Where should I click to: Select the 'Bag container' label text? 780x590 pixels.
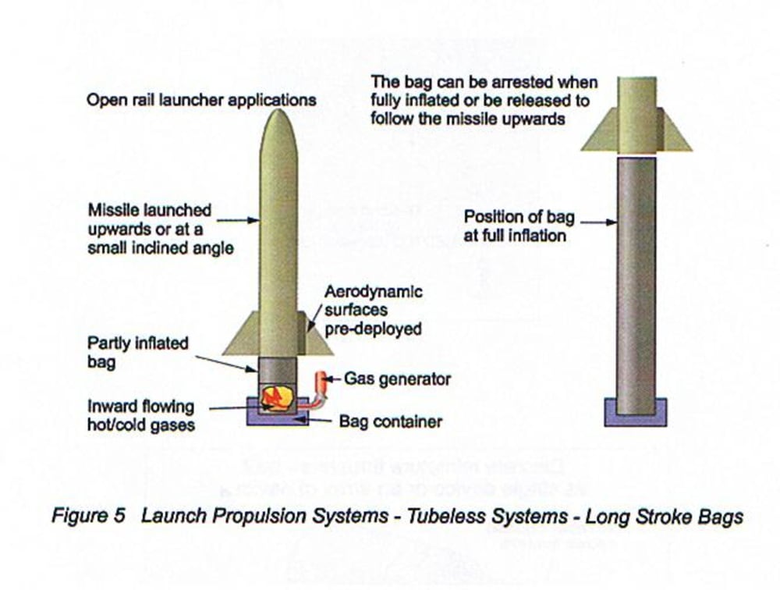click(x=390, y=421)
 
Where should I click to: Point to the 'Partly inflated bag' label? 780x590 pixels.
click(x=137, y=353)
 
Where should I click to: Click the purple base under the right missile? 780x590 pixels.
click(x=636, y=414)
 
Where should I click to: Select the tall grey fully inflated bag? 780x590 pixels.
click(x=636, y=281)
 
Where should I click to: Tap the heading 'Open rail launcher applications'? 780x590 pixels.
click(x=201, y=100)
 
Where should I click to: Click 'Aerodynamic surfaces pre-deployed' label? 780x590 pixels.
click(x=373, y=310)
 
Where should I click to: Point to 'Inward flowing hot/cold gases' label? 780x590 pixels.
click(x=140, y=416)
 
